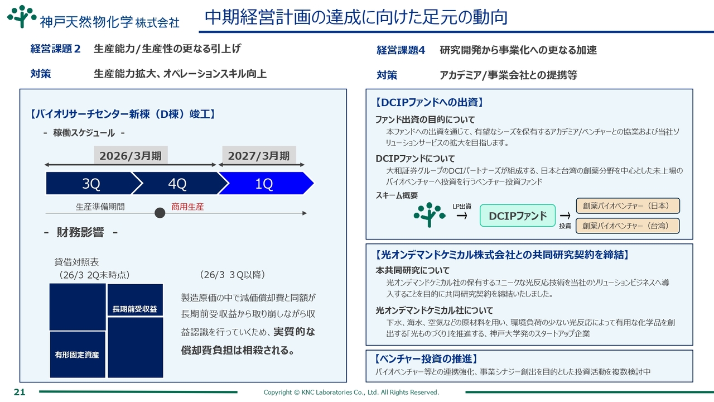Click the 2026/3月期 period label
[131, 156]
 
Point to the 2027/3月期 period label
[259, 156]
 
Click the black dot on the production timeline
[160, 213]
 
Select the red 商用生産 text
[187, 207]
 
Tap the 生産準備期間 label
[100, 207]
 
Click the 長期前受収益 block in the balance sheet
[135, 300]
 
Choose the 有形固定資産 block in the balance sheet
[78, 355]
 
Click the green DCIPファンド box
[518, 216]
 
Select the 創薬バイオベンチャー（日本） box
[628, 206]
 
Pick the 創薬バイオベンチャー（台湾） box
[628, 226]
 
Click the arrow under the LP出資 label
[462, 216]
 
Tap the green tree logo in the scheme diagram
[430, 215]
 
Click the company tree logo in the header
[22, 17]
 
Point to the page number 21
[20, 392]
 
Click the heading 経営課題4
[401, 50]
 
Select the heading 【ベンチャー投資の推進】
[426, 359]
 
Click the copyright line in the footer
[351, 392]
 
